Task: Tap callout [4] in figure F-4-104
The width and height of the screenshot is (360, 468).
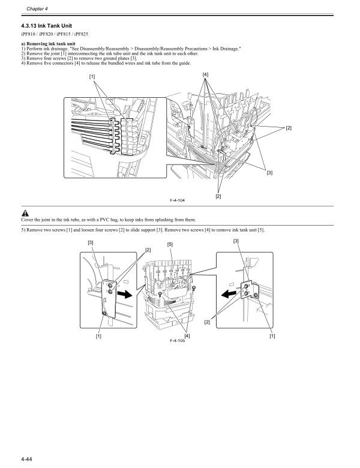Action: pos(205,74)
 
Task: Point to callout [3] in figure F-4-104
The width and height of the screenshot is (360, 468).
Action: pos(269,173)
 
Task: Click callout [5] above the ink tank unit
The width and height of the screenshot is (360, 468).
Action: pos(170,244)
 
